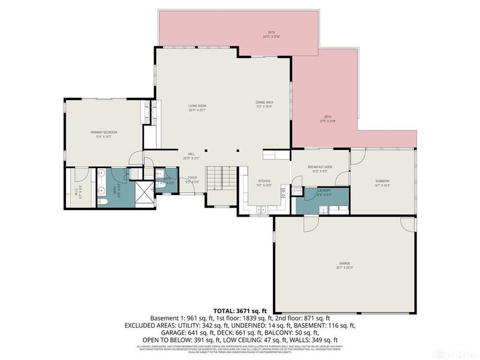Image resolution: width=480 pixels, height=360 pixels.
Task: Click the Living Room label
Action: click(197, 107)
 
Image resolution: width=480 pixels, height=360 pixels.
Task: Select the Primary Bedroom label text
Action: click(103, 134)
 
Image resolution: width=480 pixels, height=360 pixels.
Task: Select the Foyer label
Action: click(193, 179)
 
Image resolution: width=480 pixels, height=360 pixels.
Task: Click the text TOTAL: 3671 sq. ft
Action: click(239, 311)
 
